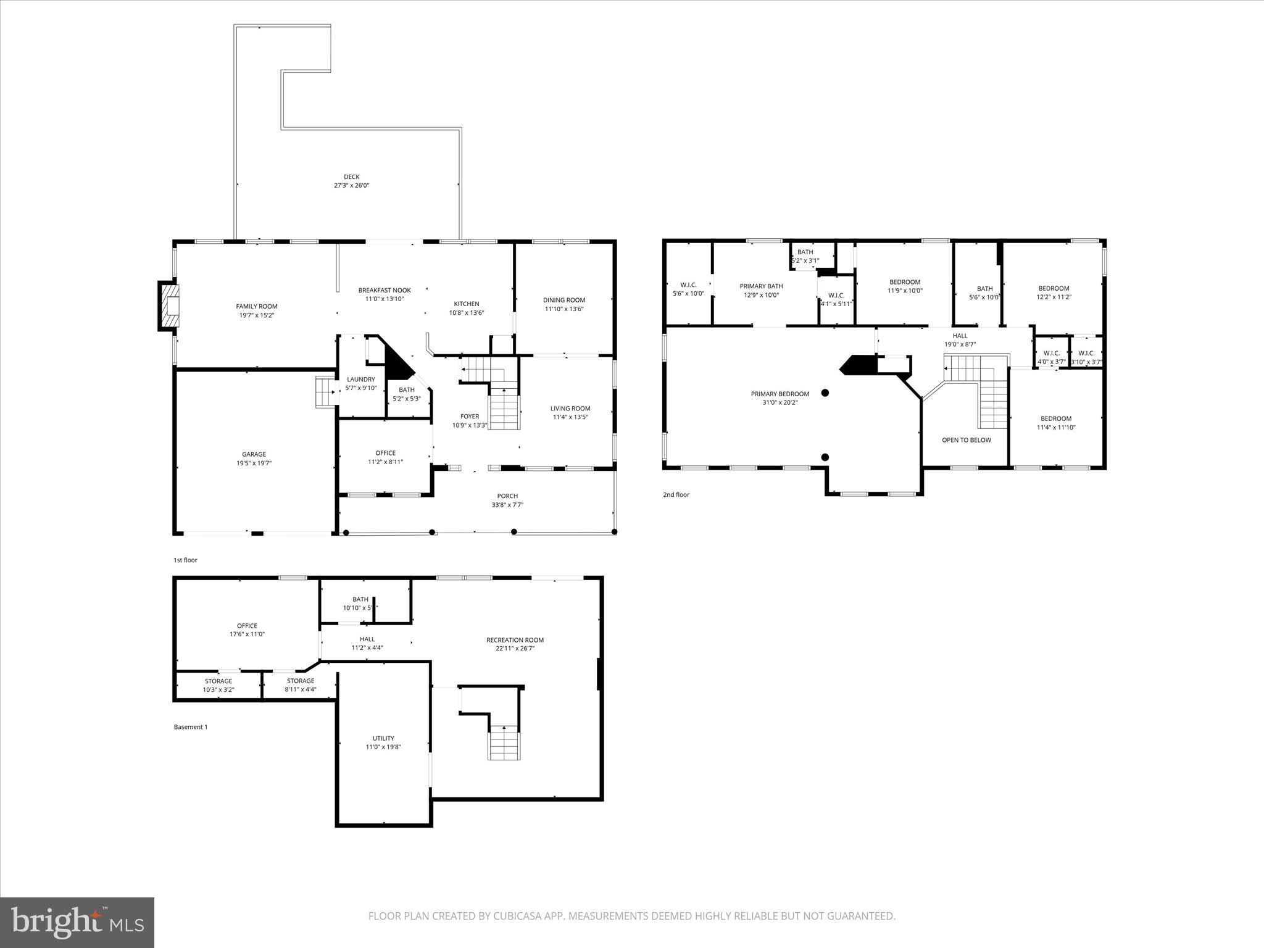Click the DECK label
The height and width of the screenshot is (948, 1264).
point(351,177)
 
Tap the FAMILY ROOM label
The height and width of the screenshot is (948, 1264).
point(257,306)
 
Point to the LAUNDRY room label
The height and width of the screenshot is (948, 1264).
point(361,380)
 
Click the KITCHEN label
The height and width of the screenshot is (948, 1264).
point(467,304)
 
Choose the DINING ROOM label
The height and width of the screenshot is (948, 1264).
point(564,300)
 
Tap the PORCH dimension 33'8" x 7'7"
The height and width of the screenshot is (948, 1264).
point(507,505)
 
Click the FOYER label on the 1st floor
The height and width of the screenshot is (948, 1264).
point(470,417)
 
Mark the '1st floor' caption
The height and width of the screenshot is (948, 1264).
point(185,560)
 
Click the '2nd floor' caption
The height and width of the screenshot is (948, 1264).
point(676,495)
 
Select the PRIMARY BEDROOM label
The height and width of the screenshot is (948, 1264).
point(780,394)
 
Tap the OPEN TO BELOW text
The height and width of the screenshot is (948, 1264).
point(966,440)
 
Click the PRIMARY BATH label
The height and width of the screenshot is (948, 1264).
point(761,286)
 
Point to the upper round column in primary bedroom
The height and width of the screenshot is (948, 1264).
point(825,393)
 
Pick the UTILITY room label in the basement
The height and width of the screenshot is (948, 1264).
point(383,738)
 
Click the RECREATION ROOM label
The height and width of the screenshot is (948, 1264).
point(515,640)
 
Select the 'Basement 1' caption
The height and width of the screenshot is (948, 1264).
point(190,727)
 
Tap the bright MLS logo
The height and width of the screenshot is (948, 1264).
point(77,921)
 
